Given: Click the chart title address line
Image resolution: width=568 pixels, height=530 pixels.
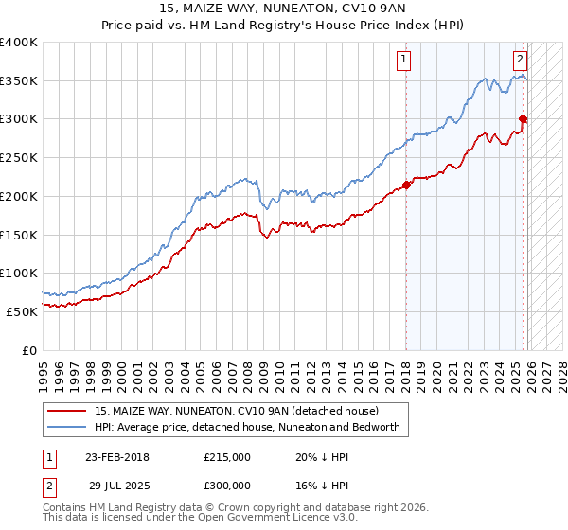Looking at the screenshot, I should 283,8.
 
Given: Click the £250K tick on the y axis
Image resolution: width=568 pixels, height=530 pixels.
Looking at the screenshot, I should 19,157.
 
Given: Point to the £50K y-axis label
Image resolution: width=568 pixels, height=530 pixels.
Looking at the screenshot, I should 22,311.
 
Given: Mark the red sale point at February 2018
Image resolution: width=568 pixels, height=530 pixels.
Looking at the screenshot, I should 406,185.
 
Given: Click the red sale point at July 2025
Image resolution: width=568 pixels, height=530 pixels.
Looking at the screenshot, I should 523,118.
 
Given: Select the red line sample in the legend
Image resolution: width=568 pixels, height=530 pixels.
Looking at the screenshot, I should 67,411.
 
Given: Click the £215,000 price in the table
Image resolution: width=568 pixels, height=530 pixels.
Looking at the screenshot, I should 227,457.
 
